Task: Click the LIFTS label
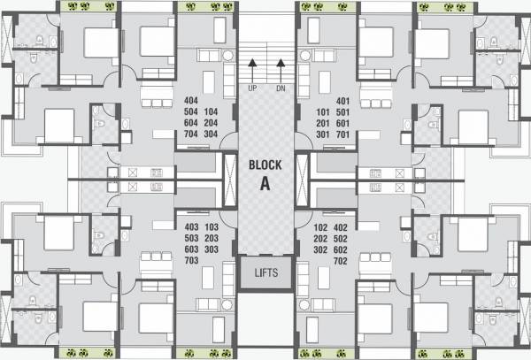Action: click(265, 272)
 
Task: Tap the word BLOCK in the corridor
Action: click(265, 165)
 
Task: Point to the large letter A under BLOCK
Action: click(265, 184)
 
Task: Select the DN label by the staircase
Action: click(281, 89)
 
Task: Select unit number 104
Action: click(212, 112)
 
